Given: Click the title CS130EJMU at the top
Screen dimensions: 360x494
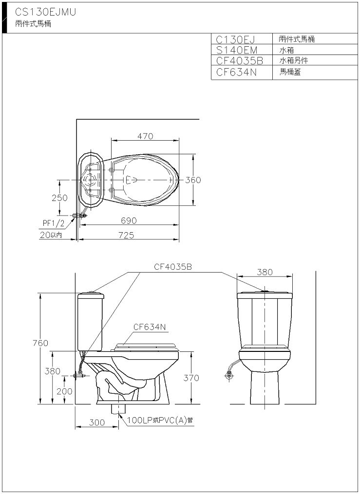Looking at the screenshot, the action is (45, 12).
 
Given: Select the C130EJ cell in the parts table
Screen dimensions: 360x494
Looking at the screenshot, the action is (235, 39).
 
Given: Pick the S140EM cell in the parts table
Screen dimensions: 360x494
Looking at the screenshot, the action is (237, 50).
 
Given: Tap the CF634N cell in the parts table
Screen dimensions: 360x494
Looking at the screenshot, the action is (236, 72).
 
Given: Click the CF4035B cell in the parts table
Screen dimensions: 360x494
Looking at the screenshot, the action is (240, 60).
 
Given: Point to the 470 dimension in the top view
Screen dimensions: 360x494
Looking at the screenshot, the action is (145, 136).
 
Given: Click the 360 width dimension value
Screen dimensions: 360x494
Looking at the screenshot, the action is (193, 180).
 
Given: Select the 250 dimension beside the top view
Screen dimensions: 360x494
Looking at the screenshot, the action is (59, 198).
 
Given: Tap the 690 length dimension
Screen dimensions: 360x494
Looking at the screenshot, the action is (129, 220).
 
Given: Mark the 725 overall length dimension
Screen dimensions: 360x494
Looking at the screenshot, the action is (126, 235).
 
